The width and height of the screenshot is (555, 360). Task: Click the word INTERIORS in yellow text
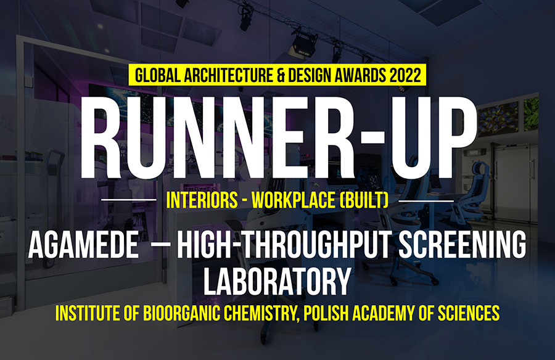pos(202,200)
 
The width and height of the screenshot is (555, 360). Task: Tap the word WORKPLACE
pos(293,200)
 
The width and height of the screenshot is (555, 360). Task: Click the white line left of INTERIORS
pos(129,200)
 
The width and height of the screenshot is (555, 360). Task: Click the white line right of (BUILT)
pos(426,201)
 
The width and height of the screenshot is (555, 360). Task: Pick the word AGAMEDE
pos(83,245)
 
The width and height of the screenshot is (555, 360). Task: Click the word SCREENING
pos(462,245)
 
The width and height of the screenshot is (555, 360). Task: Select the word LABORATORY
pos(277,282)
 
